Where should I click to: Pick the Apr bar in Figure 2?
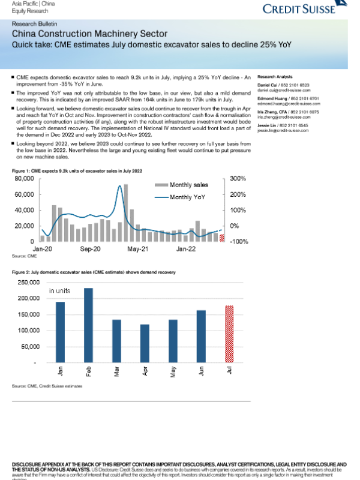click(x=145, y=343)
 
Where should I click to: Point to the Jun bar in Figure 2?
click(x=201, y=336)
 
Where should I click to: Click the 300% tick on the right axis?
click(x=238, y=179)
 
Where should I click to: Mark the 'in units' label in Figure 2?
click(x=60, y=290)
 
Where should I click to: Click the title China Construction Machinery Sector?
click(x=89, y=34)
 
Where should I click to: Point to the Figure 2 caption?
click(x=93, y=272)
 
